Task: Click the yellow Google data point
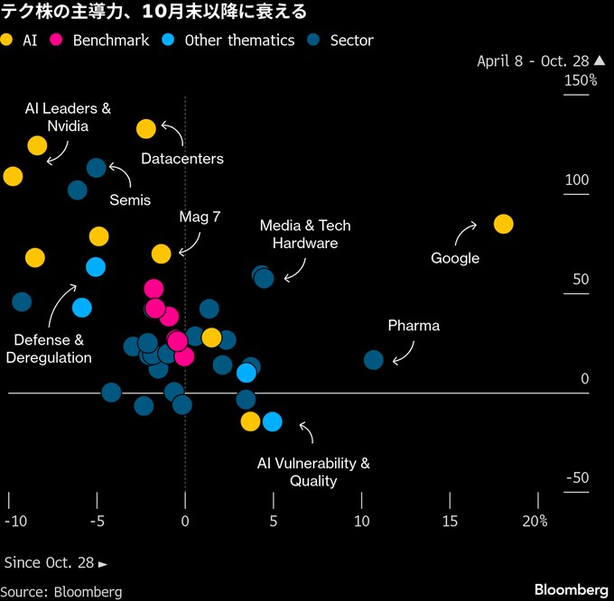(x=504, y=224)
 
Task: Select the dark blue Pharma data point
(x=374, y=360)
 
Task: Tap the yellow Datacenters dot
(x=146, y=129)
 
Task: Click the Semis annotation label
(x=130, y=199)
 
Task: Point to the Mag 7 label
(x=200, y=217)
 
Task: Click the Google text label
(x=455, y=258)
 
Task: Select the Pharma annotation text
(x=414, y=325)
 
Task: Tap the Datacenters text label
(x=182, y=159)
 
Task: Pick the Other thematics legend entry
(x=230, y=40)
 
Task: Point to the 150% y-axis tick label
(x=581, y=81)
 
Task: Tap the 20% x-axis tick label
(x=535, y=522)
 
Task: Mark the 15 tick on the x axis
(x=449, y=522)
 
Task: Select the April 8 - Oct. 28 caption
(x=533, y=60)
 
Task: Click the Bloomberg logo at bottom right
(x=571, y=589)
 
